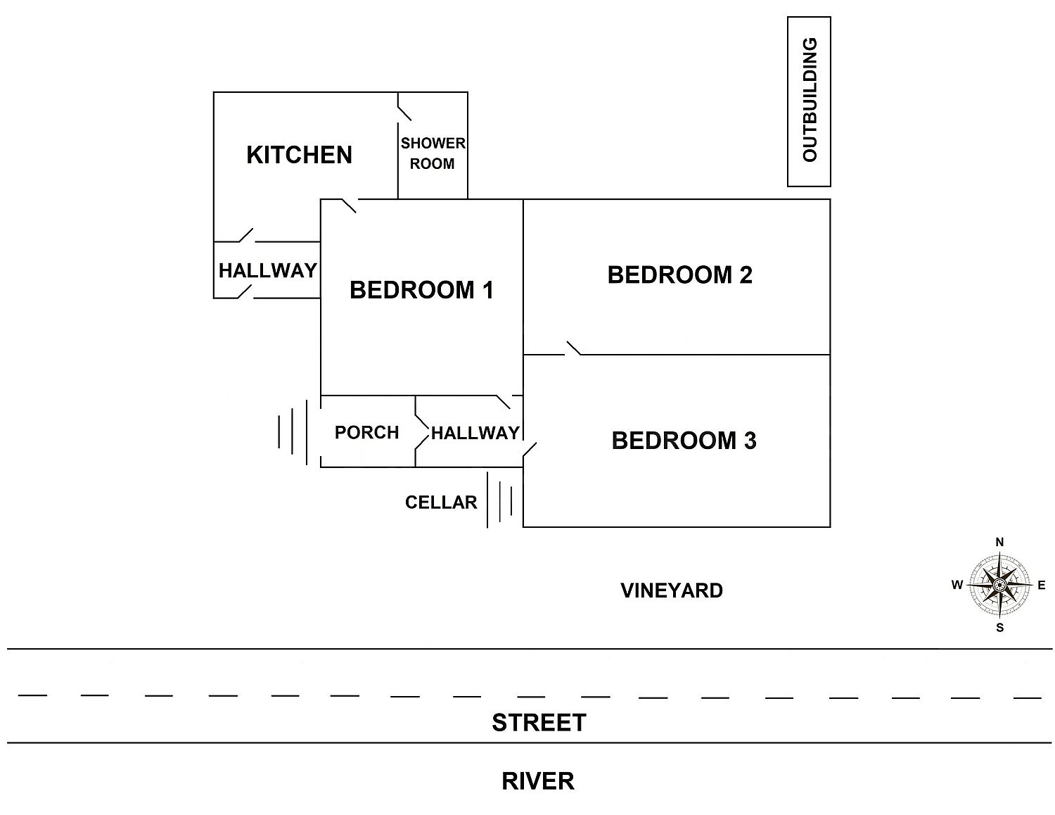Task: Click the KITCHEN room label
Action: (299, 155)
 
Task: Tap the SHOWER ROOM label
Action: (433, 153)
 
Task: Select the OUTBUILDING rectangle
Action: (808, 101)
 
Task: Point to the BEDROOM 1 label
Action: (421, 291)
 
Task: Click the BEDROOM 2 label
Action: (679, 275)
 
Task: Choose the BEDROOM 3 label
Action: (684, 441)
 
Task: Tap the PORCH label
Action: (366, 432)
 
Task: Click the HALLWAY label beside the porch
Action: (475, 433)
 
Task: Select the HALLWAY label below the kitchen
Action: (267, 270)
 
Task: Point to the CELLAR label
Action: (441, 503)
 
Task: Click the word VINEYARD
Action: (672, 590)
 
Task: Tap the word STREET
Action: (539, 723)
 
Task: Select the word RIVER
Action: (538, 781)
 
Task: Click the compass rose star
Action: (999, 584)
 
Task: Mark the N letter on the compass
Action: (999, 542)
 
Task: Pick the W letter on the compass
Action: (957, 585)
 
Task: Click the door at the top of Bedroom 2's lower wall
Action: (573, 348)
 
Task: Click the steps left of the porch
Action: (293, 432)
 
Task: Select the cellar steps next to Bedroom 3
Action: (500, 500)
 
